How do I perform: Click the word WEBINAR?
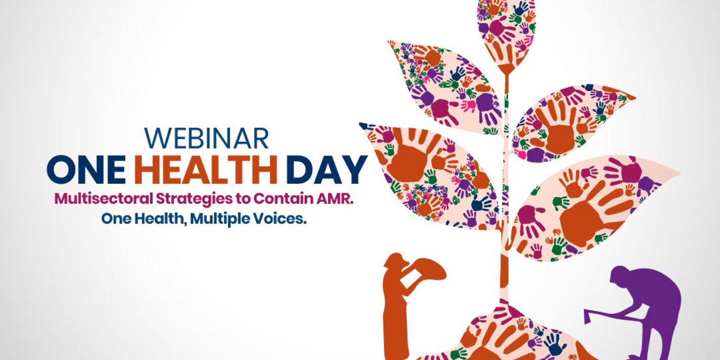(206, 138)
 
